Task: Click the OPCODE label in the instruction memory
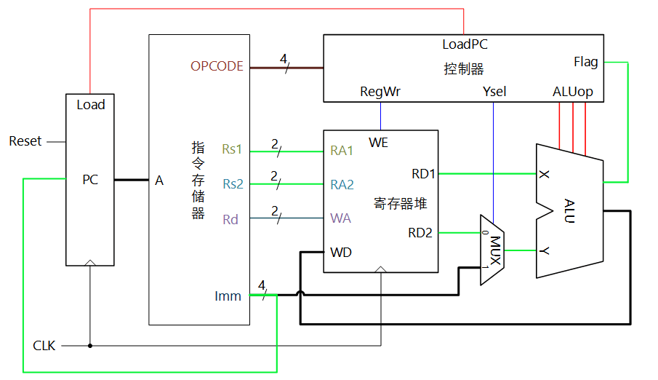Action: point(217,66)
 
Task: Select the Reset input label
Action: point(25,141)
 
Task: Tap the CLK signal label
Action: point(44,345)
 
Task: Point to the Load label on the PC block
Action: point(91,105)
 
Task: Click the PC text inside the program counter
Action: point(90,180)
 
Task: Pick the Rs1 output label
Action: point(233,150)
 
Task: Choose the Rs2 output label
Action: point(233,184)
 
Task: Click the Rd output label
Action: point(230,218)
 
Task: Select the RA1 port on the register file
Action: point(342,151)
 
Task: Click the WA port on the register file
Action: point(340,218)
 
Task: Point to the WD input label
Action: point(341,253)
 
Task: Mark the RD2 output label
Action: point(420,233)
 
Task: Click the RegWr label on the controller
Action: point(380,92)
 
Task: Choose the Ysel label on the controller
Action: point(494,92)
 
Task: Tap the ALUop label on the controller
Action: point(573,92)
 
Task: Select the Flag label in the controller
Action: point(585,62)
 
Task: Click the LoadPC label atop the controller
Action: point(465,44)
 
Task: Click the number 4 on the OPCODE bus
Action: point(284,58)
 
